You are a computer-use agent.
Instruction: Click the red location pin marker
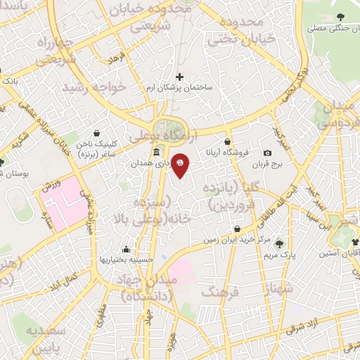(x=181, y=165)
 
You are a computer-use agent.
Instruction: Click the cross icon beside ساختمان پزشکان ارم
(x=179, y=77)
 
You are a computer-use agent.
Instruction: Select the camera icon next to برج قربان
(x=267, y=153)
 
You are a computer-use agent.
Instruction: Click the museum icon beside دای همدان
(x=155, y=153)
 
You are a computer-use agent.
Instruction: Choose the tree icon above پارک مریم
(x=281, y=243)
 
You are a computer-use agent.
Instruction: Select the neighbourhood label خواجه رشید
(x=94, y=88)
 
